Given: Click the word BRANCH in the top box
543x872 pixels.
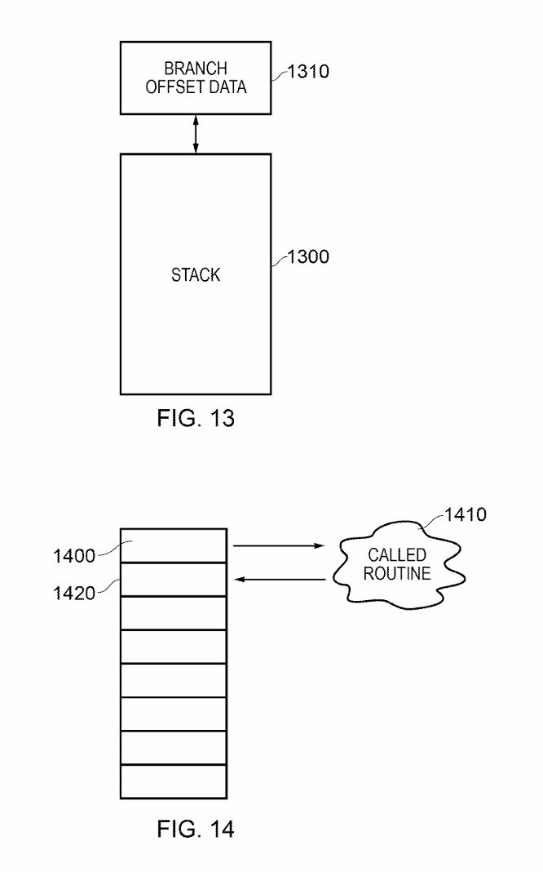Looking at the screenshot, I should click(x=196, y=69).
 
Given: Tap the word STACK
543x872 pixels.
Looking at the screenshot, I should click(x=196, y=275).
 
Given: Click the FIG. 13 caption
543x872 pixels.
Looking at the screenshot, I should click(x=196, y=420).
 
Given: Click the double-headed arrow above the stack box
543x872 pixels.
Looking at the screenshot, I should click(x=196, y=134).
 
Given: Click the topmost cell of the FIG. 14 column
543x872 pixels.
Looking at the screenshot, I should click(x=172, y=545).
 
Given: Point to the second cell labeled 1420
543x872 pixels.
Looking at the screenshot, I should click(x=172, y=579).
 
